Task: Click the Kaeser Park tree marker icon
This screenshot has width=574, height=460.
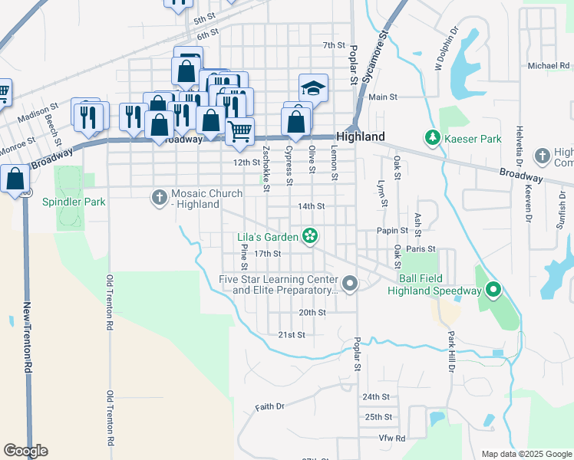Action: point(432,139)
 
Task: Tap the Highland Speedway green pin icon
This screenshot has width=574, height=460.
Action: point(493,291)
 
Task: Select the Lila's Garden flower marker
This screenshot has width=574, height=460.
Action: point(310,236)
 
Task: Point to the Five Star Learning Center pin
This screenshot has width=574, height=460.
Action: point(351,284)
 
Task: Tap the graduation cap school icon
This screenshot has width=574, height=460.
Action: point(313,88)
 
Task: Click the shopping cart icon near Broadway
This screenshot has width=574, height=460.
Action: point(239,132)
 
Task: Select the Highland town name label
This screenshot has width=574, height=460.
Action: point(360,136)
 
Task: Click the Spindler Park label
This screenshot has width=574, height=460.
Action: point(74,202)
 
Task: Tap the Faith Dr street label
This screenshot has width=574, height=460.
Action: point(270,406)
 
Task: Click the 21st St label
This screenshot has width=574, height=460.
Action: point(292,335)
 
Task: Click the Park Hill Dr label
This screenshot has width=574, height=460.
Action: point(451,351)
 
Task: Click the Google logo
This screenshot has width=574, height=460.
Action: point(25,451)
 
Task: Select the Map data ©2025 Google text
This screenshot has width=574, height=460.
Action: point(526,454)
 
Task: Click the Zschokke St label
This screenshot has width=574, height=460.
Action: point(266,168)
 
